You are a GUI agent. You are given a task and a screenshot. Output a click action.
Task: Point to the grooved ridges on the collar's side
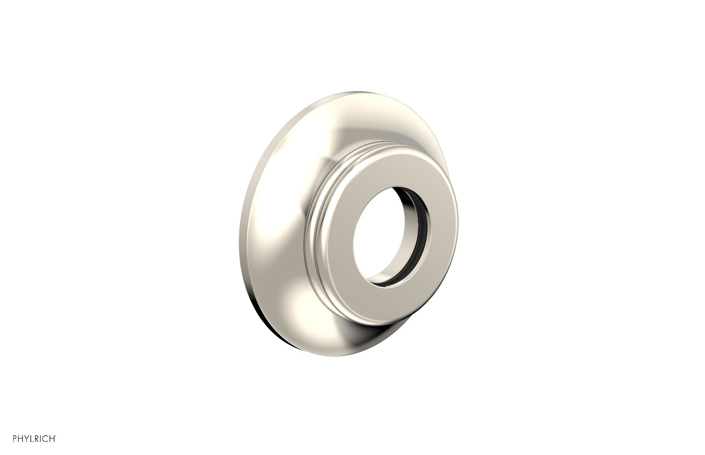315,229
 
